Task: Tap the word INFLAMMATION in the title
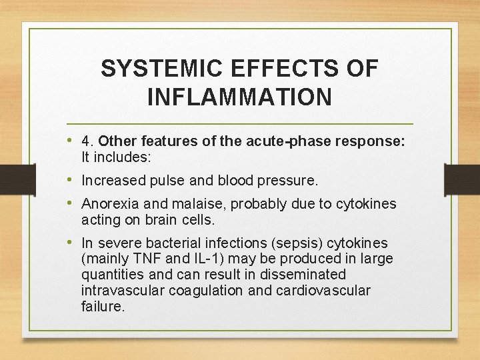[239, 97]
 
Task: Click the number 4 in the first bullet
[85, 141]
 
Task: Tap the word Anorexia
[110, 204]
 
